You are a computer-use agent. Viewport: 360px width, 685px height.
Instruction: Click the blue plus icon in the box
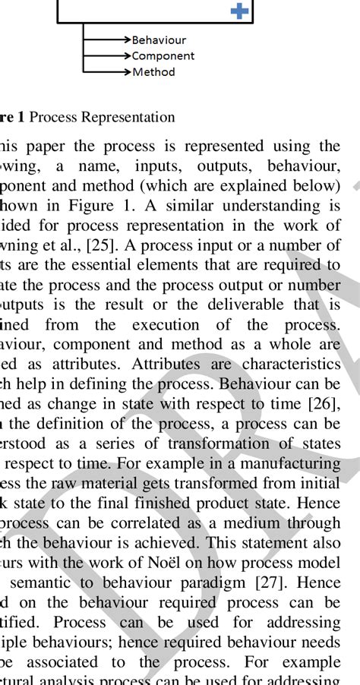pos(239,11)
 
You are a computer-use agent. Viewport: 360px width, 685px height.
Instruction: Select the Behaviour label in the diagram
pos(159,40)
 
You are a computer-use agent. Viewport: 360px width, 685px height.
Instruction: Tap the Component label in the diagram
pos(163,56)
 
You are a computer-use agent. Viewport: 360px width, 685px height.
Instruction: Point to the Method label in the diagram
pos(153,72)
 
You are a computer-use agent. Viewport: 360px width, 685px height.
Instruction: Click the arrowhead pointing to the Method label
pos(127,72)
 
